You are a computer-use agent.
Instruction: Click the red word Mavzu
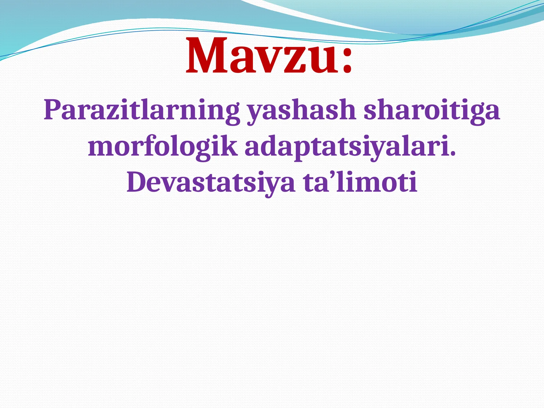tap(262, 56)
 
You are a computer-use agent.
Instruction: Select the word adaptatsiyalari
tap(347, 147)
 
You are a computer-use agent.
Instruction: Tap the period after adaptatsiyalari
tap(453, 154)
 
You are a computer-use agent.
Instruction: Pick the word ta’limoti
tap(360, 182)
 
